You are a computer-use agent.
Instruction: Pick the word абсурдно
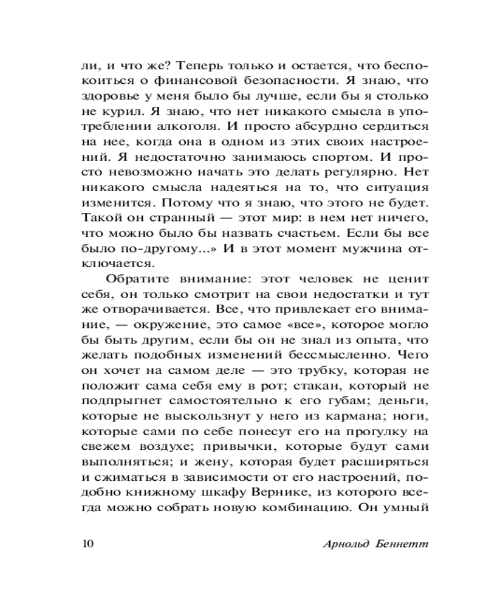(321, 127)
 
